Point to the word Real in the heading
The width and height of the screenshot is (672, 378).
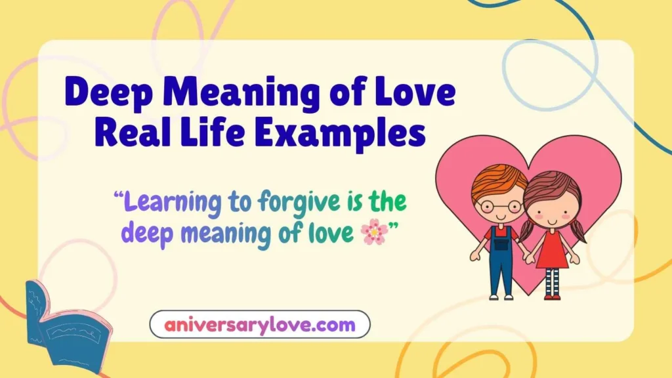(x=134, y=133)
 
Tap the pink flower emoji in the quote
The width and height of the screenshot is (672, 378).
(x=374, y=232)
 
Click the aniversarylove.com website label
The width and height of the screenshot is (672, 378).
(x=260, y=324)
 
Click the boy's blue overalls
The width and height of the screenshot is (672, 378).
(x=501, y=262)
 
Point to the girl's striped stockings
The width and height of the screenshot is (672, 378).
(x=552, y=282)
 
